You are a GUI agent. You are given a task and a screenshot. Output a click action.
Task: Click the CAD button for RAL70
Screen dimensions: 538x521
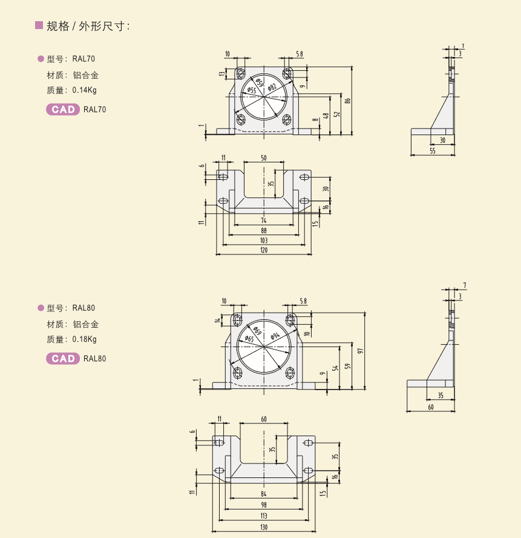coord(63,110)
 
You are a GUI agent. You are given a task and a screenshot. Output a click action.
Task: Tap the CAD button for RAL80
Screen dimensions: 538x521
coord(63,359)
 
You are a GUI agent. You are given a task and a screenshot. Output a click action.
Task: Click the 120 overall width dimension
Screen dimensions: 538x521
coord(264,250)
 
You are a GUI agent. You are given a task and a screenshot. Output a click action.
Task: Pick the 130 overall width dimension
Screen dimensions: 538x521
coord(264,528)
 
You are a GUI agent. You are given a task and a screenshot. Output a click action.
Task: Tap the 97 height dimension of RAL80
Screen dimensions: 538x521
coord(361,350)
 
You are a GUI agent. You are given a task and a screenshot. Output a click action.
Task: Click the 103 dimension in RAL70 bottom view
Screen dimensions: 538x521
coord(264,241)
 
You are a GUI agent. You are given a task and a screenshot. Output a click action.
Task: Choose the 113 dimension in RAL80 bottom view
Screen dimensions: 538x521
coord(264,516)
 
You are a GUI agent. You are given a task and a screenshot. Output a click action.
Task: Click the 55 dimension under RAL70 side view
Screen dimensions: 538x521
coord(432,151)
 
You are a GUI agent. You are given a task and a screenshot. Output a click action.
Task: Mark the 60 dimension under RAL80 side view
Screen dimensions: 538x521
coord(430,407)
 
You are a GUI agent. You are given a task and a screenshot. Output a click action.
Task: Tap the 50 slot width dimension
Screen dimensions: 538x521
coord(264,158)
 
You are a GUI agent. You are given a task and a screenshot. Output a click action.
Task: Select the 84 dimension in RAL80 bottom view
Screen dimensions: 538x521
coord(264,494)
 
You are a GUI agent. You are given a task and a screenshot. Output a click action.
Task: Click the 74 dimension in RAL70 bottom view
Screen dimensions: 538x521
coord(264,221)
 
